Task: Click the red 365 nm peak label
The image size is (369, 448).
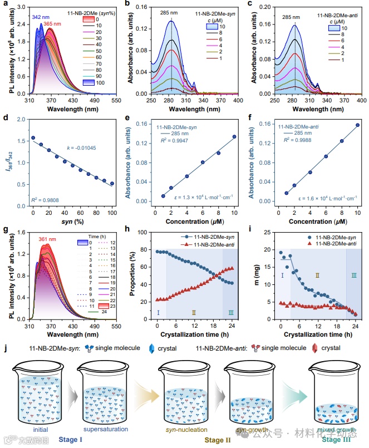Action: [53, 24]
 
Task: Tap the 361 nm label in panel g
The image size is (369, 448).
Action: [47, 239]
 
